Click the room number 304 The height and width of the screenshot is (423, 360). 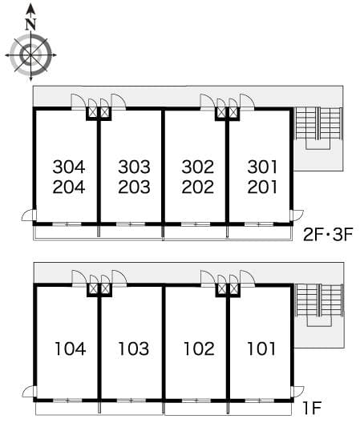(69, 167)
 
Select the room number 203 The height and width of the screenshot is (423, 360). (134, 187)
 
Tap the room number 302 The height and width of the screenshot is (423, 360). (198, 167)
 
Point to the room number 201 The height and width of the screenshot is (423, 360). (262, 187)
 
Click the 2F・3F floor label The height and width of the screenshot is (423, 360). (328, 234)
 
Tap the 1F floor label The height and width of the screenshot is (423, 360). (312, 408)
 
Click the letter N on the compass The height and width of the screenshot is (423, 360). (31, 25)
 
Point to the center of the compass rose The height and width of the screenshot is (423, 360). (30, 55)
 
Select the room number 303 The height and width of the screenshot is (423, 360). (134, 167)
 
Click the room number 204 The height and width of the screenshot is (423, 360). (69, 187)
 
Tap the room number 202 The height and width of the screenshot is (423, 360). (198, 187)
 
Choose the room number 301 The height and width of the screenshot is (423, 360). (262, 167)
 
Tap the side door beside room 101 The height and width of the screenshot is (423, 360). (297, 392)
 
